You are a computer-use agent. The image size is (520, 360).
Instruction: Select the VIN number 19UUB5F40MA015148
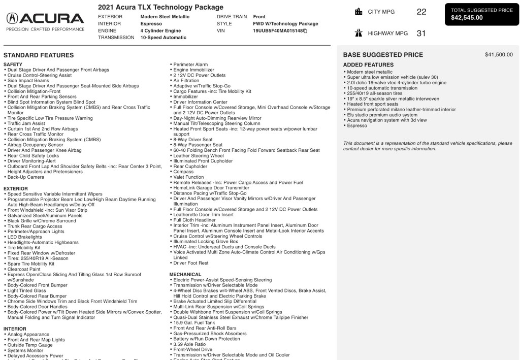(278, 31)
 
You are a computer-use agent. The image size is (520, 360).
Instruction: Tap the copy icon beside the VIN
(305, 31)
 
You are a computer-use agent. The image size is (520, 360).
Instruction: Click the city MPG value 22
(421, 12)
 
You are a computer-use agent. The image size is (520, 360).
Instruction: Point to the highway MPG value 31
(420, 34)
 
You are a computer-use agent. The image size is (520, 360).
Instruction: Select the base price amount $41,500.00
(499, 55)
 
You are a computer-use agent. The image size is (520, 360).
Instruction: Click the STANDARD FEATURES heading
(39, 55)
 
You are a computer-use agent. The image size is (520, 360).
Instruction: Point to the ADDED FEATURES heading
(368, 65)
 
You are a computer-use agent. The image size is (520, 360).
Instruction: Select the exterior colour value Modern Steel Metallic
(165, 17)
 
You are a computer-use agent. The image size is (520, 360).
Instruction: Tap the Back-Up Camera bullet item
(25, 177)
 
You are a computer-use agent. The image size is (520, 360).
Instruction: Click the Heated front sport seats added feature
(373, 104)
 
